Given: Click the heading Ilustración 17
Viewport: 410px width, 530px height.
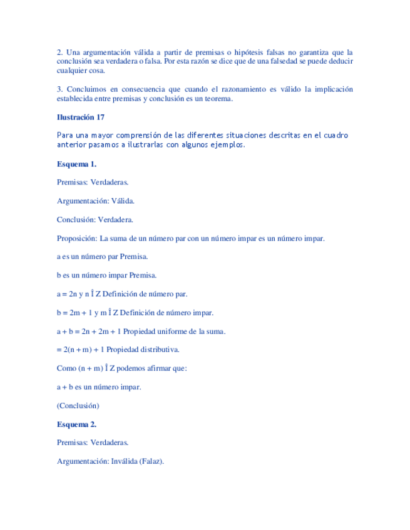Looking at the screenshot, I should point(81,117).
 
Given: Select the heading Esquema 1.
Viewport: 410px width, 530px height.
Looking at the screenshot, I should point(76,164).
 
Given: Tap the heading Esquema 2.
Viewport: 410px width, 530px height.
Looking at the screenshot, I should point(76,424).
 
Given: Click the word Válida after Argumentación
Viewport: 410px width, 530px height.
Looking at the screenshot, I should point(122,201).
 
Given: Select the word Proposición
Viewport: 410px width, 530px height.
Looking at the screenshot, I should point(76,239).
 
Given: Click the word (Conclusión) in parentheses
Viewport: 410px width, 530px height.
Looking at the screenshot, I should point(78,406).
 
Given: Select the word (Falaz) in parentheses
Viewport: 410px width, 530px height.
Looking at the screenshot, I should point(153,462).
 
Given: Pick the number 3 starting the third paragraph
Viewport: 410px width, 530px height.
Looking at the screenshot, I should point(59,89).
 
